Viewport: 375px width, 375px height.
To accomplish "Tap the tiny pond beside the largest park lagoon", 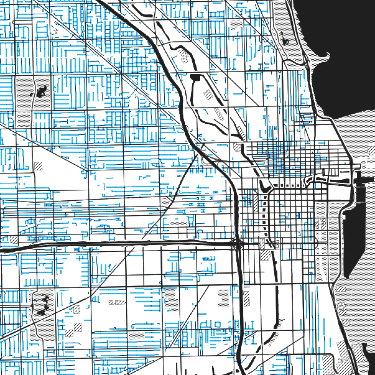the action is click(x=31, y=94).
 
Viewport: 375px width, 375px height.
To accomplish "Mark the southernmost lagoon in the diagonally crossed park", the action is click(x=41, y=311).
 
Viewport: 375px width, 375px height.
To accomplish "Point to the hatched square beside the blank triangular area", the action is click(x=38, y=166).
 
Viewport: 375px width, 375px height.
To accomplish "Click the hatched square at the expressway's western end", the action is click(x=14, y=240).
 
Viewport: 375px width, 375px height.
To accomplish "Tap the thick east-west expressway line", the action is click(x=125, y=243).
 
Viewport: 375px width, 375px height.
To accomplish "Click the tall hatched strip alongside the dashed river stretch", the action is click(x=256, y=200).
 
